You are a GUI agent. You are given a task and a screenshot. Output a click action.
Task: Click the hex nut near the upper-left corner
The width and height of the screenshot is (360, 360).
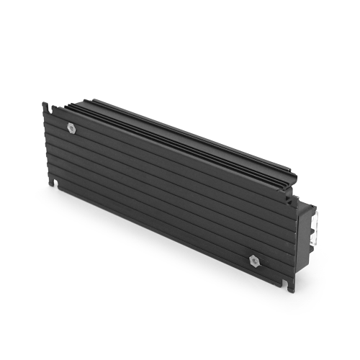coord(71,127)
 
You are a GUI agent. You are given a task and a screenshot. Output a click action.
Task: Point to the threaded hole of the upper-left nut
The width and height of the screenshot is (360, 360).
coord(71,127)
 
